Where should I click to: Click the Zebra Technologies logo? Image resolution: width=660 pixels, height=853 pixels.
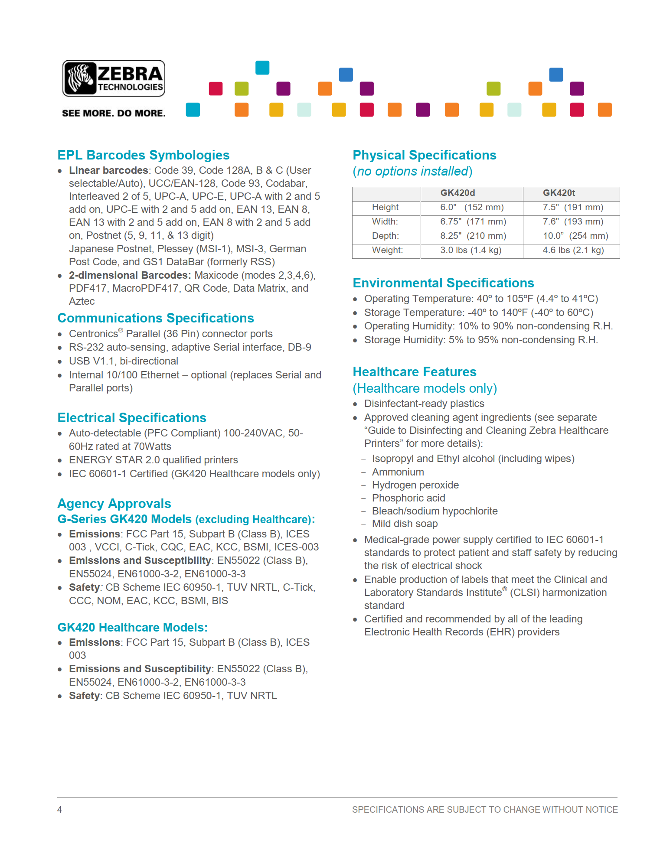(114, 78)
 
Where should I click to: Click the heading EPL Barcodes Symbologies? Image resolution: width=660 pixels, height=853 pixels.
(144, 155)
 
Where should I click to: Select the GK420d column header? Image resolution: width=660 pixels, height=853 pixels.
(457, 193)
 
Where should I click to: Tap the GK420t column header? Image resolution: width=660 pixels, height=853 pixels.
(559, 193)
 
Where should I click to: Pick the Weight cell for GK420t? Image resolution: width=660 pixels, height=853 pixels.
(573, 250)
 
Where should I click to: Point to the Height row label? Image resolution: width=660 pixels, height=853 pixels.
(385, 207)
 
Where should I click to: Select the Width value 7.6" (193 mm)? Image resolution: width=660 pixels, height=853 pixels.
(573, 221)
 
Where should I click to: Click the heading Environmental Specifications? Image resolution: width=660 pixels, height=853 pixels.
(443, 283)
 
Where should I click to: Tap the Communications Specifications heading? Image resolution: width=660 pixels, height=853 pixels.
(156, 318)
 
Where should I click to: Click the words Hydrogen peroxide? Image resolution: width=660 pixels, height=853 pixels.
(415, 485)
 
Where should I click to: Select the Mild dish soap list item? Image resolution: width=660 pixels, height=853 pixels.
(405, 524)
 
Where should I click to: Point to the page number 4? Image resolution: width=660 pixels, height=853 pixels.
(59, 809)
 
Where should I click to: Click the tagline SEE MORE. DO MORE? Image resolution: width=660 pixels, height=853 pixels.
(114, 113)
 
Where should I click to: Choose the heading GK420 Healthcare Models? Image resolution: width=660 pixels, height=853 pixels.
(132, 627)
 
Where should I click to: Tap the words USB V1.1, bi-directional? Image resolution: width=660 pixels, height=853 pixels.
(124, 361)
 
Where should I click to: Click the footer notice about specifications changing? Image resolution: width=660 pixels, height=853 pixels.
(485, 809)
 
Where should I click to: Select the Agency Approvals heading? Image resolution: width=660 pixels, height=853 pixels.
(114, 504)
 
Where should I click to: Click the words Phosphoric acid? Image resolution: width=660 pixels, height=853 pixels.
(408, 498)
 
